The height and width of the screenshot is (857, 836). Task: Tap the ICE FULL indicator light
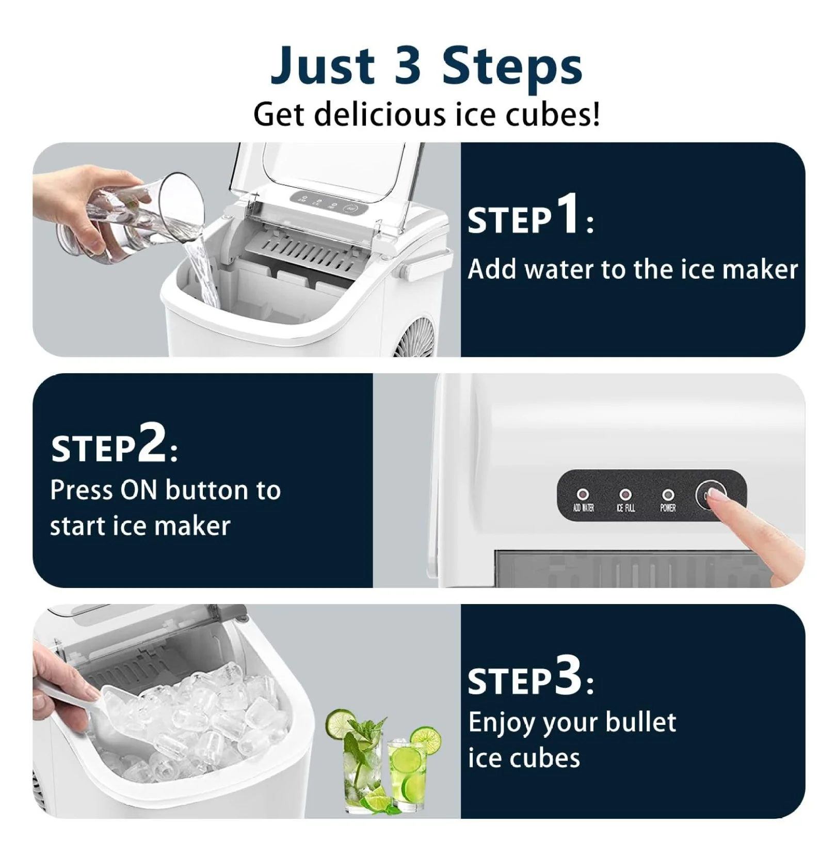coord(625,495)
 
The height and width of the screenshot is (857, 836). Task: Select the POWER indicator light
coord(668,495)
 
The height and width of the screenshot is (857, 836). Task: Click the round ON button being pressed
coord(710,495)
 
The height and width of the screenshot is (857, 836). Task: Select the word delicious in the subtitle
coord(380,114)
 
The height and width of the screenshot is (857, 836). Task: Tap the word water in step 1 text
coord(557,269)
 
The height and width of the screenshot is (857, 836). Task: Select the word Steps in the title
coord(512,66)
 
